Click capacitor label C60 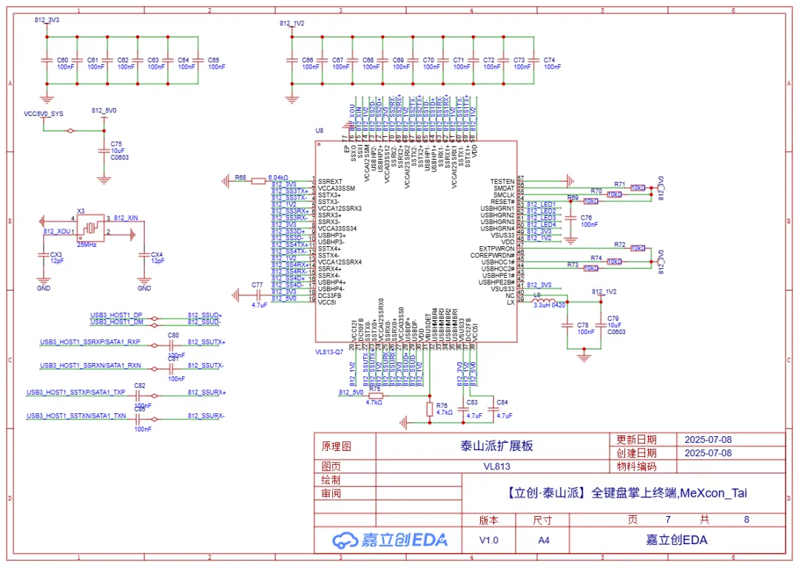point(63,60)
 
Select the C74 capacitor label point(549,60)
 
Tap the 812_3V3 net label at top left point(47,21)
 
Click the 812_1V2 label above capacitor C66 point(291,24)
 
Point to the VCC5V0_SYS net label point(44,114)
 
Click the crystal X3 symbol point(90,226)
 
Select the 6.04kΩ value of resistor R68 point(277,177)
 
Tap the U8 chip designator point(320,131)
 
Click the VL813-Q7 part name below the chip point(329,352)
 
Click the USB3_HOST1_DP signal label point(116,315)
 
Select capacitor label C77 point(257,285)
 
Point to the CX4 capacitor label point(157,254)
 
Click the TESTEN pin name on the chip point(502,181)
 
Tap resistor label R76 point(442,405)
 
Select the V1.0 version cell point(489,540)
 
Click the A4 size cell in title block point(544,540)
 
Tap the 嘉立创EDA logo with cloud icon point(389,540)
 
